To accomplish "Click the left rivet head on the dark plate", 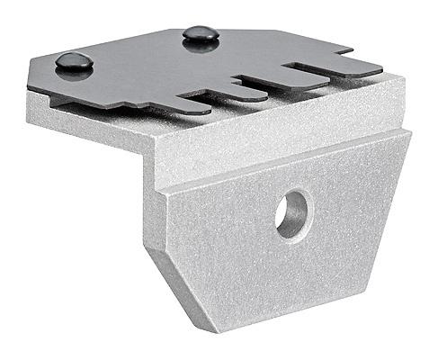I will (x=74, y=62).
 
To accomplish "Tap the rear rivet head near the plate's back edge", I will (x=201, y=34).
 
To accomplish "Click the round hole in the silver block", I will (x=292, y=214).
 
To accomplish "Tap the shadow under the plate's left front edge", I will (x=90, y=101).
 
